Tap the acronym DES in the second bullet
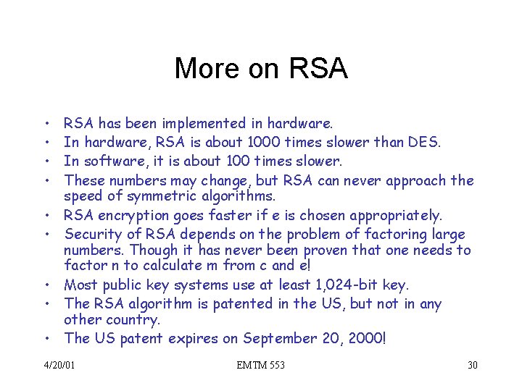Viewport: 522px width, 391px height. [423, 143]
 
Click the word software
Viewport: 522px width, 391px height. [114, 161]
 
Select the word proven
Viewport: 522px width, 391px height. [334, 251]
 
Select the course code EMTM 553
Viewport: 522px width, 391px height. [261, 365]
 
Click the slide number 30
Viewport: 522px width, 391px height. [473, 365]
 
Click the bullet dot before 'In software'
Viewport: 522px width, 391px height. [46, 161]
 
